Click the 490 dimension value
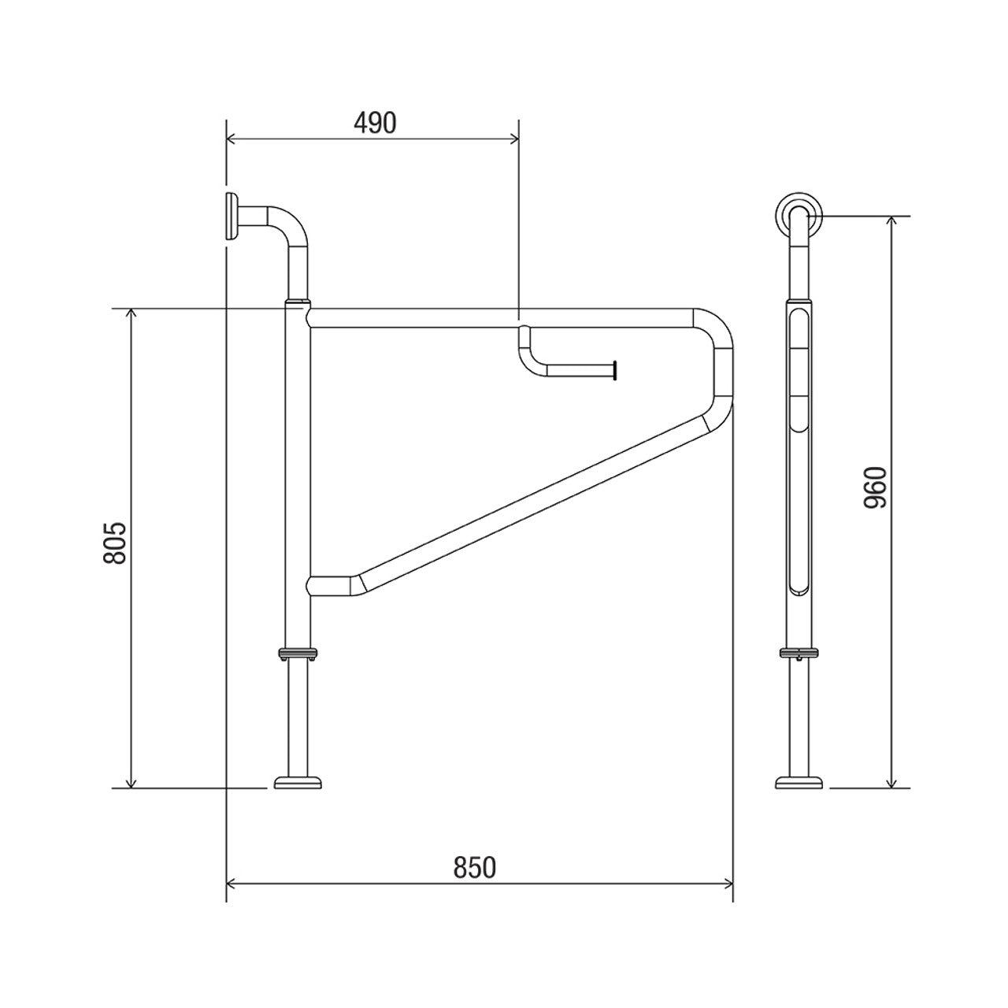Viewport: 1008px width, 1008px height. [x=373, y=123]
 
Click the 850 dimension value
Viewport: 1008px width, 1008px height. [x=475, y=868]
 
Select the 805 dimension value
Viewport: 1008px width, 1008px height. [x=115, y=543]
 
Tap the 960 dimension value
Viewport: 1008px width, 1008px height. [x=875, y=487]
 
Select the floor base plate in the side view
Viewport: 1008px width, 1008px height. [x=799, y=782]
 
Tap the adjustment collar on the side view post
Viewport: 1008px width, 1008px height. [x=799, y=652]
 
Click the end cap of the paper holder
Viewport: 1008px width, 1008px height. [x=613, y=369]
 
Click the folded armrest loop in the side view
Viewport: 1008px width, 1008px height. [x=799, y=449]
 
